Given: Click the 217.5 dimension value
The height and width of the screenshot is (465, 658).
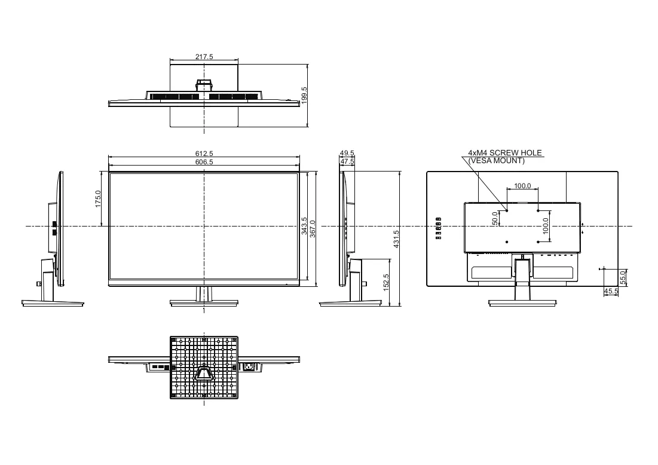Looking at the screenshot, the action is pyautogui.click(x=204, y=57).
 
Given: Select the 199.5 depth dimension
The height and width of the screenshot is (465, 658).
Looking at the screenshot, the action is pyautogui.click(x=304, y=95).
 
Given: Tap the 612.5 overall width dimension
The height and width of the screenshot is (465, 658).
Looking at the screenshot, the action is pyautogui.click(x=204, y=154).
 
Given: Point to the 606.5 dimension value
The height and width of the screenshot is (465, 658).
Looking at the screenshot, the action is pyautogui.click(x=204, y=162).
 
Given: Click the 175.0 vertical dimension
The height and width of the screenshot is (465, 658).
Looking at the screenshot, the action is pyautogui.click(x=98, y=198).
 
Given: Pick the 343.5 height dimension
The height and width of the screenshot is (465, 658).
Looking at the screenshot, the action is pyautogui.click(x=304, y=226).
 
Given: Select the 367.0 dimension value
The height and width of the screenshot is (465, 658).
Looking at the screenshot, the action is pyautogui.click(x=313, y=229).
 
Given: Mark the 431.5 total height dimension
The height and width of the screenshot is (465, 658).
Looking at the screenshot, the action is pyautogui.click(x=396, y=239).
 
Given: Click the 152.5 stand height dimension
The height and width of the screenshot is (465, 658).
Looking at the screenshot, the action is pyautogui.click(x=386, y=283).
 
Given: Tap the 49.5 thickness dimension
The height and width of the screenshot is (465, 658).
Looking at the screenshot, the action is pyautogui.click(x=347, y=153).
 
